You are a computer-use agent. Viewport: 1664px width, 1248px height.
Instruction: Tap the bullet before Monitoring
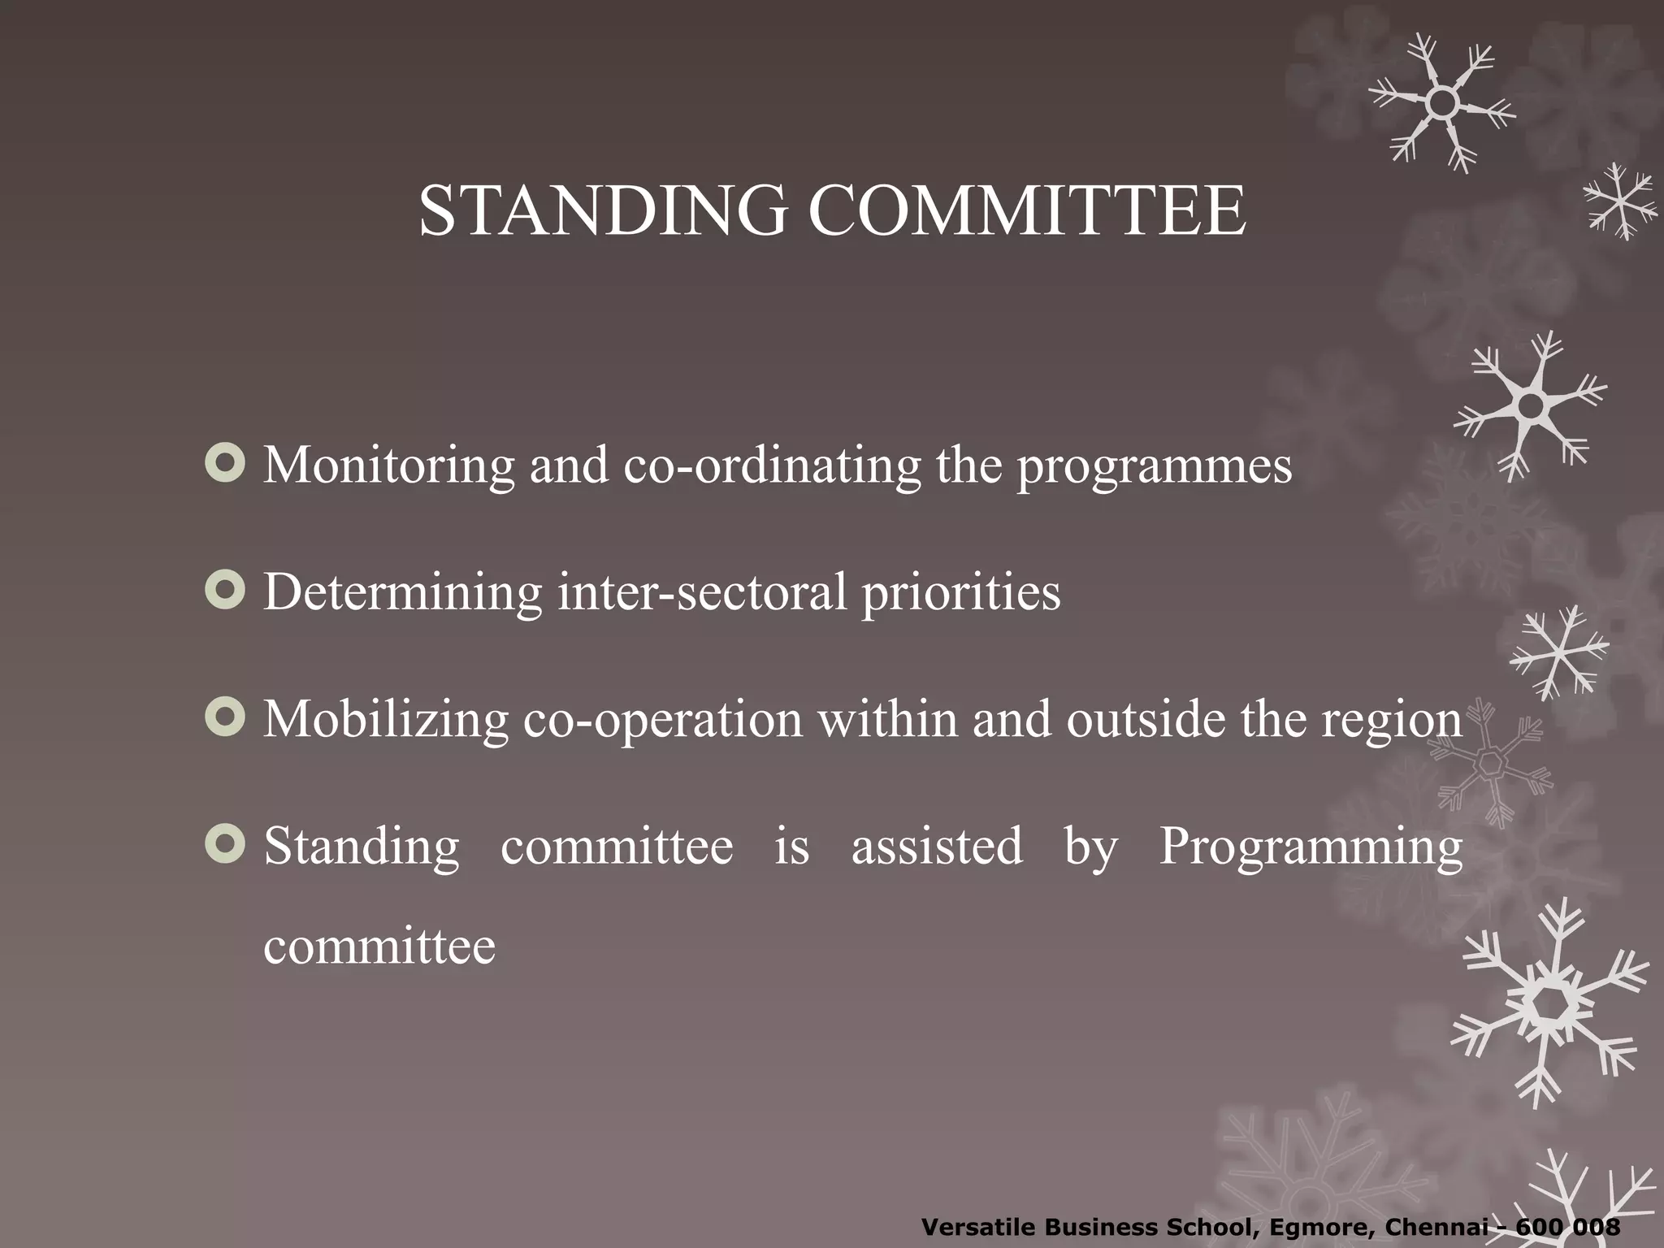(x=225, y=464)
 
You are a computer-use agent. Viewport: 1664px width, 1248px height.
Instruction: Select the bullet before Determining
(x=225, y=591)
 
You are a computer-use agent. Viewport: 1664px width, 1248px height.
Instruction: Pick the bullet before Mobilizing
(x=225, y=718)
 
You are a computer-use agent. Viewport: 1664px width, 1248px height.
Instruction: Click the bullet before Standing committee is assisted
(x=225, y=845)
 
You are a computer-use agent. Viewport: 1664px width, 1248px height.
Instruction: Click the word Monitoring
(x=389, y=466)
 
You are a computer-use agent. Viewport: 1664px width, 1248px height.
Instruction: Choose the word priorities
(x=961, y=594)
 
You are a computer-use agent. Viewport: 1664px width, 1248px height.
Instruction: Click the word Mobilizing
(x=386, y=721)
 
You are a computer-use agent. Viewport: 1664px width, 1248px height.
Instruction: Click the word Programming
(x=1311, y=848)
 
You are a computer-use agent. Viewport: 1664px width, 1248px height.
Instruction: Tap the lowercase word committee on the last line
(x=379, y=947)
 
